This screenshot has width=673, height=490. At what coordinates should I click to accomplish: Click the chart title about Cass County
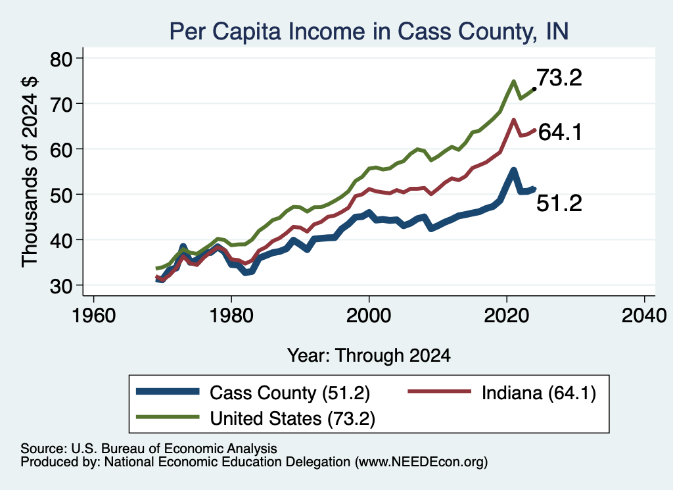tap(369, 32)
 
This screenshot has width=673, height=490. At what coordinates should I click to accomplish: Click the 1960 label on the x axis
tap(94, 316)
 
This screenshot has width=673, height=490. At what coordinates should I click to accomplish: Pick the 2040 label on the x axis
tap(644, 316)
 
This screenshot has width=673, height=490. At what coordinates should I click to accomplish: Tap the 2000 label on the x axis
tap(369, 316)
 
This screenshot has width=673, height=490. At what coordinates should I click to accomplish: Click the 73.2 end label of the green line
tap(559, 78)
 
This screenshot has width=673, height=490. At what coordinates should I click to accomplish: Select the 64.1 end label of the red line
tap(560, 132)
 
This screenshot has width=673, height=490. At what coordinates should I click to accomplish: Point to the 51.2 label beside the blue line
tap(559, 203)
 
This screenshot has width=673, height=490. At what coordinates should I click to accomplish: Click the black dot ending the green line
tap(534, 89)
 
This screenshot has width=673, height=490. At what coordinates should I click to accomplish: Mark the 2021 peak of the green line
tap(513, 81)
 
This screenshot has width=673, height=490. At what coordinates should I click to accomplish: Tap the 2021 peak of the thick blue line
tap(513, 171)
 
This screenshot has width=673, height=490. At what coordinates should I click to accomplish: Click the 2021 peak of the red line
tap(513, 120)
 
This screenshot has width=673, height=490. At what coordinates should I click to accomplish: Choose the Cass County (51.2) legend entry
tap(253, 393)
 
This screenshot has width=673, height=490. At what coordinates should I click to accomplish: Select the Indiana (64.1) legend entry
tap(501, 393)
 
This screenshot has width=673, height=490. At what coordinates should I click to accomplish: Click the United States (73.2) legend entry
tap(256, 418)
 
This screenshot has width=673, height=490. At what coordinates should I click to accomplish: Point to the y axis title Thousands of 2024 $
tap(30, 172)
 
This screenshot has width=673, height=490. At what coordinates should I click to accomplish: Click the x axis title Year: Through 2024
tap(369, 356)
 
